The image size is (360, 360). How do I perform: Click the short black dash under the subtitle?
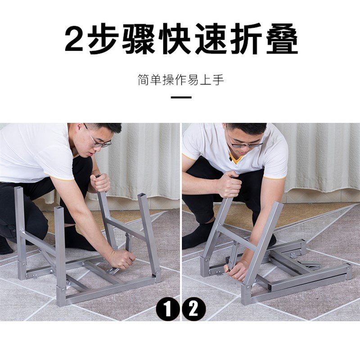(181, 97)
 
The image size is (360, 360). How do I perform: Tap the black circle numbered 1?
(168, 310)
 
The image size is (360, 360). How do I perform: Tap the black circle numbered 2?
(194, 310)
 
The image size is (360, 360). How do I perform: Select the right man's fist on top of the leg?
(229, 184)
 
